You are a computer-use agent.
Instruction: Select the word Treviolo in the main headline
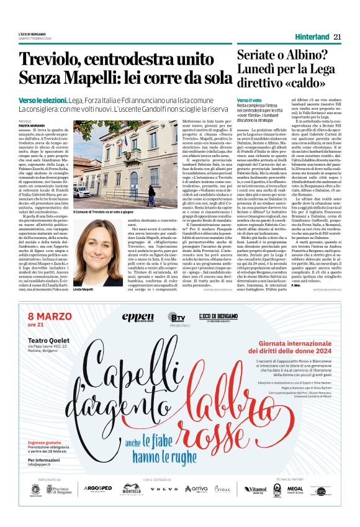coord(47,60)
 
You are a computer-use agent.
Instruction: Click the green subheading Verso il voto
coord(249,100)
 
